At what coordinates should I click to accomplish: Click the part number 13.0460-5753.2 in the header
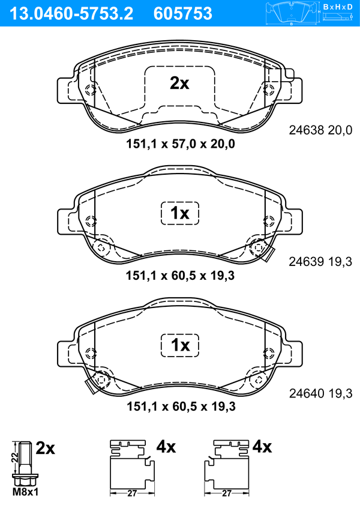pyautogui.click(x=71, y=14)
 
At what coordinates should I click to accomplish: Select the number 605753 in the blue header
pyautogui.click(x=183, y=14)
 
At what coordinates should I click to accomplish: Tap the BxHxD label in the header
pyautogui.click(x=338, y=7)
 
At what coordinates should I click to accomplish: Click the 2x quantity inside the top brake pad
pyautogui.click(x=179, y=83)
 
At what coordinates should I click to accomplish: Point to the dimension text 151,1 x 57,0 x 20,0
pyautogui.click(x=180, y=144)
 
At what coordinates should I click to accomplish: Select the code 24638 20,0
pyautogui.click(x=320, y=130)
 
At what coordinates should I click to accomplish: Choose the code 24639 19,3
pyautogui.click(x=320, y=262)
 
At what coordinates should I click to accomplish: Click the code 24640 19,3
pyautogui.click(x=320, y=393)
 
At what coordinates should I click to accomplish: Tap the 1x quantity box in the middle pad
pyautogui.click(x=180, y=213)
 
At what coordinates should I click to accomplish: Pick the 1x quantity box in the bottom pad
pyautogui.click(x=180, y=345)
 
